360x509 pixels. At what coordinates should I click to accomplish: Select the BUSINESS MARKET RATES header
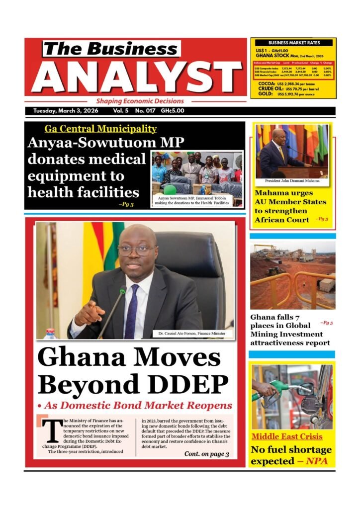click(294, 43)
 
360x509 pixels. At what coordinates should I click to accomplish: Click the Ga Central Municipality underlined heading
click(100, 129)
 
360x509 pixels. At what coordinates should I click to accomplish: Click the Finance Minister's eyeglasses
click(137, 250)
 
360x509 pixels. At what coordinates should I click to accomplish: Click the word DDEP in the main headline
click(187, 384)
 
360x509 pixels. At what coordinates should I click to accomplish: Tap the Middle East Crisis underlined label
click(287, 437)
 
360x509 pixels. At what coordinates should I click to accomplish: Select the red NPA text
click(315, 461)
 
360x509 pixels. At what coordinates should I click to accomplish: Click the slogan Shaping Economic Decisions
click(140, 101)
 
